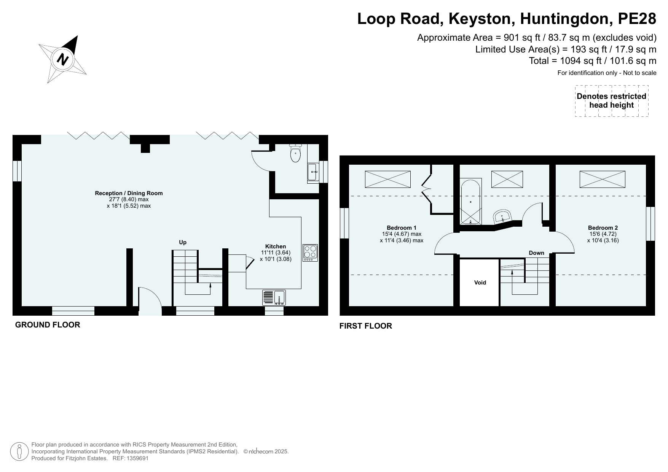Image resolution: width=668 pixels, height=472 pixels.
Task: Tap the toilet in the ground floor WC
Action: coord(295,153)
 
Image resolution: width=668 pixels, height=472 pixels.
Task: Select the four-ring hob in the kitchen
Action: coord(310,253)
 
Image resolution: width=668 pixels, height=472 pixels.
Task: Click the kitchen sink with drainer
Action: coord(274,298)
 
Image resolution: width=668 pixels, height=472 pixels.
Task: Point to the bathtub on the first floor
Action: coord(471,202)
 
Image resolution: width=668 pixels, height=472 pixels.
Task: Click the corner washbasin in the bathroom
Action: coord(503,217)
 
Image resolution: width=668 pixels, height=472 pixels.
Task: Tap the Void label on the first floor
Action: coord(480,283)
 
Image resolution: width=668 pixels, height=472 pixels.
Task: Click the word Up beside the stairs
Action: coord(183,242)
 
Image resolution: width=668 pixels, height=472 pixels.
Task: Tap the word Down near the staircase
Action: coord(536,253)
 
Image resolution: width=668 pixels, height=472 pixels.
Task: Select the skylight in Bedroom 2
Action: coord(602,179)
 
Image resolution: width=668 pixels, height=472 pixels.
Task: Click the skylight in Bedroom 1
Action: coord(388,179)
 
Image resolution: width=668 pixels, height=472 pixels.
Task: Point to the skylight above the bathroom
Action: coord(507,179)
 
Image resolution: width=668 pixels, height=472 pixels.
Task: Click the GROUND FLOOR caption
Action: coord(48,325)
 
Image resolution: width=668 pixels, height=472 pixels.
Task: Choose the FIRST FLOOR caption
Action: coord(366,326)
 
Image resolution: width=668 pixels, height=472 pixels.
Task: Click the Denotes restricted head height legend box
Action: coord(612,101)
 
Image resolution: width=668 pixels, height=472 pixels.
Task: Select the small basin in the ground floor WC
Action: coord(313,173)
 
